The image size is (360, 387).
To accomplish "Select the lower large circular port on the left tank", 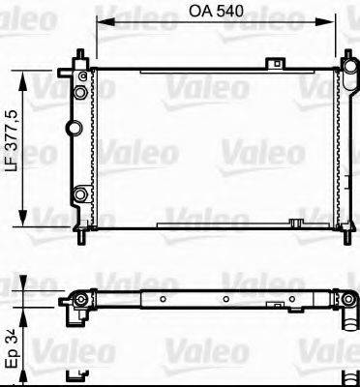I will (80, 198).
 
